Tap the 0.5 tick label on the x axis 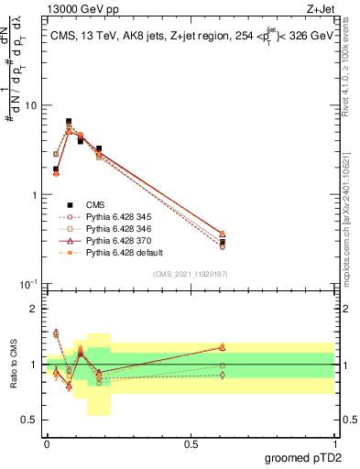[x=190, y=443]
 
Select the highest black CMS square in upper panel [x=69, y=121]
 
